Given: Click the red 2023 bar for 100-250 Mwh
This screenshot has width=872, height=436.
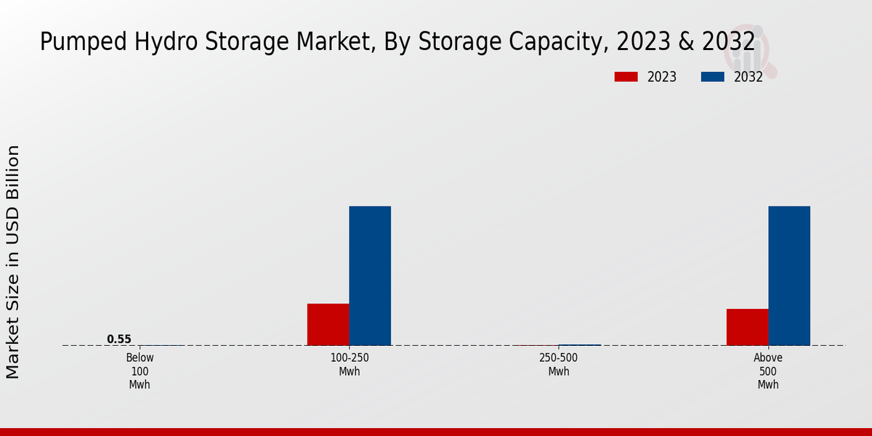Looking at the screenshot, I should point(328,324).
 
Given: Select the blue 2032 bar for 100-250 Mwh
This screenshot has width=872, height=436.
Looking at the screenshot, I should point(370,275).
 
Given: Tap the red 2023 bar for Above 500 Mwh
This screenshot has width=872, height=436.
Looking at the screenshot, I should point(747,327).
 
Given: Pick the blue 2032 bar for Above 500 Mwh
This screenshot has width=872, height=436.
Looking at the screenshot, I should point(789,275).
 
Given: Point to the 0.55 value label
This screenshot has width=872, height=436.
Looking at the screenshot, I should point(119,339).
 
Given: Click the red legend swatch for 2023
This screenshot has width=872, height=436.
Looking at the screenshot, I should point(626,77).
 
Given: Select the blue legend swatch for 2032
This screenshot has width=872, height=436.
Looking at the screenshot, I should point(712,77).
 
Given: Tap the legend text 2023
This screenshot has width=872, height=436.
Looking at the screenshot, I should point(661,77).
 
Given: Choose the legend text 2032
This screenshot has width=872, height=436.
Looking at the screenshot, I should point(748,77).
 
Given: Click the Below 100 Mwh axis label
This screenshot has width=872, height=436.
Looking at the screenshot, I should point(140,371).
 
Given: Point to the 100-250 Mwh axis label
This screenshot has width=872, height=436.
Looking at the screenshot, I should point(350,365).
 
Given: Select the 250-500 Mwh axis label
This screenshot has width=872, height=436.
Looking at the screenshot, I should point(559,365).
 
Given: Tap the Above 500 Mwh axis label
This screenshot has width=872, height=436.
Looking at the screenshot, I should point(768,371).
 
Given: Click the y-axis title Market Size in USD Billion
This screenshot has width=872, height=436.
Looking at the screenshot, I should point(13,262).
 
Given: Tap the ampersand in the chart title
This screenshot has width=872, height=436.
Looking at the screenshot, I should point(686,42).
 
